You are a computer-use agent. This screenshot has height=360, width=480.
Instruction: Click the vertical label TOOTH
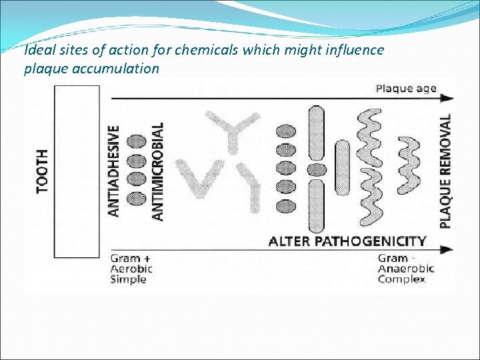[43, 171]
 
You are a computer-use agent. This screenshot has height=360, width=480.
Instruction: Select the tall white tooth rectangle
[78, 171]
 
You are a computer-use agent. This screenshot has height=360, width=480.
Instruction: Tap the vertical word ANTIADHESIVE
[114, 171]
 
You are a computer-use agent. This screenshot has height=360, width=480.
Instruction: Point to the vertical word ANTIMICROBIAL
[158, 171]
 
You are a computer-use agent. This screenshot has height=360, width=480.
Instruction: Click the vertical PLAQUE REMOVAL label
[445, 171]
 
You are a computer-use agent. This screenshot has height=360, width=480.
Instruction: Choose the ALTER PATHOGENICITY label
[347, 241]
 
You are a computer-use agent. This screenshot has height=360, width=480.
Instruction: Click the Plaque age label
[405, 88]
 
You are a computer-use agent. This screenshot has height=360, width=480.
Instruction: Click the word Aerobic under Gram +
[131, 269]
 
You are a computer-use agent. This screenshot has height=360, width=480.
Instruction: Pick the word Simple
[128, 279]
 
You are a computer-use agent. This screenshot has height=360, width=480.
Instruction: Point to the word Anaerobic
[406, 269]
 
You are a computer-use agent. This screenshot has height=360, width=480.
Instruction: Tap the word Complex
[401, 279]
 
